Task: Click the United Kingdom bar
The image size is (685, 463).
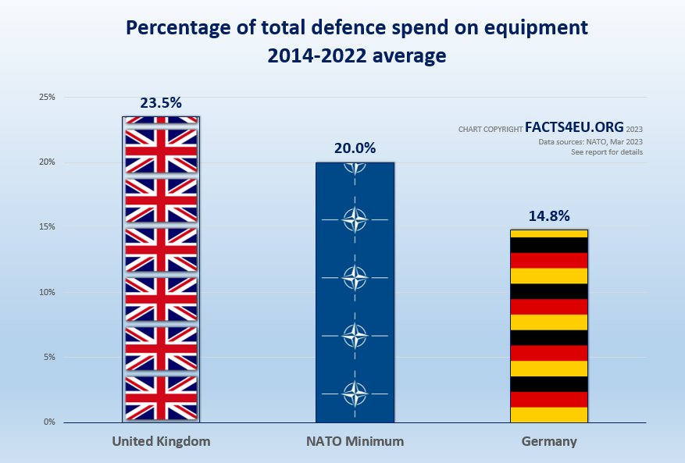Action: [161, 269]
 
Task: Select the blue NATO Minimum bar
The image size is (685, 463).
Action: [355, 292]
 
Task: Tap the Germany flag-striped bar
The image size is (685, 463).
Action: [548, 326]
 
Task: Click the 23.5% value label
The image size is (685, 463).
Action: [161, 102]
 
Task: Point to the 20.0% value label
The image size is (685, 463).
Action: [355, 148]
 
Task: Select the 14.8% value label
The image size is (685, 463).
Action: [548, 215]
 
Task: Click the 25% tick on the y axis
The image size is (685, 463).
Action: [48, 98]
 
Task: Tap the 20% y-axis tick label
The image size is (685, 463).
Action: [48, 162]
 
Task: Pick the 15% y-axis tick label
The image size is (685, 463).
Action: [48, 227]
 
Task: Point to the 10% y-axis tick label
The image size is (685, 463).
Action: [48, 292]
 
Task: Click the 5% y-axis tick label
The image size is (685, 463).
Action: [49, 357]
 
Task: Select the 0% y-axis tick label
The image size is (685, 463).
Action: [49, 422]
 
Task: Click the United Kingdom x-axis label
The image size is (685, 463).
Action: [161, 441]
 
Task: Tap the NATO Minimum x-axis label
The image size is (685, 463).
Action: [355, 441]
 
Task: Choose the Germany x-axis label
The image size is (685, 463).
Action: [548, 441]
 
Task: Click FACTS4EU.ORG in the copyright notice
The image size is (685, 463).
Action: [574, 127]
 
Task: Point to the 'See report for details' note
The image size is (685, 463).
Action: [607, 152]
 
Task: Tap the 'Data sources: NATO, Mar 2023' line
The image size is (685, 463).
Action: [590, 141]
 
